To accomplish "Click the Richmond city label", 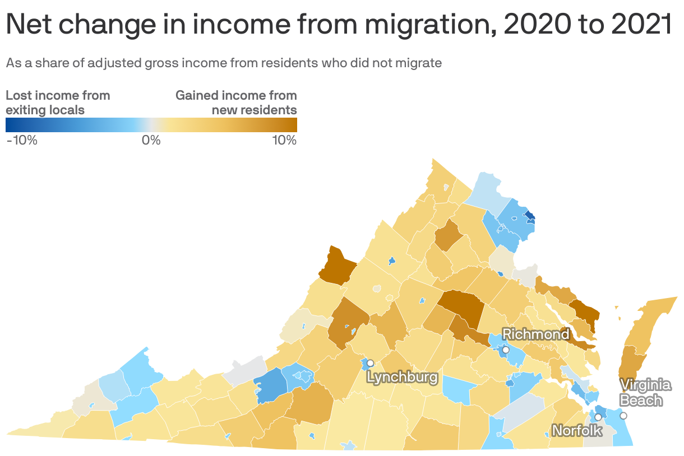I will coord(535,334).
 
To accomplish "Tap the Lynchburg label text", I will coord(402,377).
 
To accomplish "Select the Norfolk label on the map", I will coord(577,430).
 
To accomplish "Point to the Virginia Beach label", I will coord(645,393).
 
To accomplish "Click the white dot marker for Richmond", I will coord(505,350).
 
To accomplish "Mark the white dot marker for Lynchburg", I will coord(370,363).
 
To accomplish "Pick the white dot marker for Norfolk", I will coord(598,417).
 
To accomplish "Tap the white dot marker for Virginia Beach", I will coord(623,416).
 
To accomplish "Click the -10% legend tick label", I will coord(22,140).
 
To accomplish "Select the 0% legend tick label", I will coord(151,140).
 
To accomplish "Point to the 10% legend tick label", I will coord(284,140).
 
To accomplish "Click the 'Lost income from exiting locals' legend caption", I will coord(58,103).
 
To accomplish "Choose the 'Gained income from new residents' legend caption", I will coord(236,103).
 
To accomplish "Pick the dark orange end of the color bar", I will coord(293,124).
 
